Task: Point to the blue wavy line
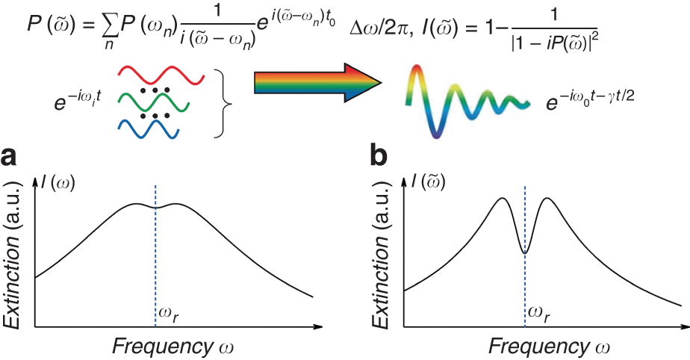(146, 128)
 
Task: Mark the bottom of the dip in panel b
(525, 252)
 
